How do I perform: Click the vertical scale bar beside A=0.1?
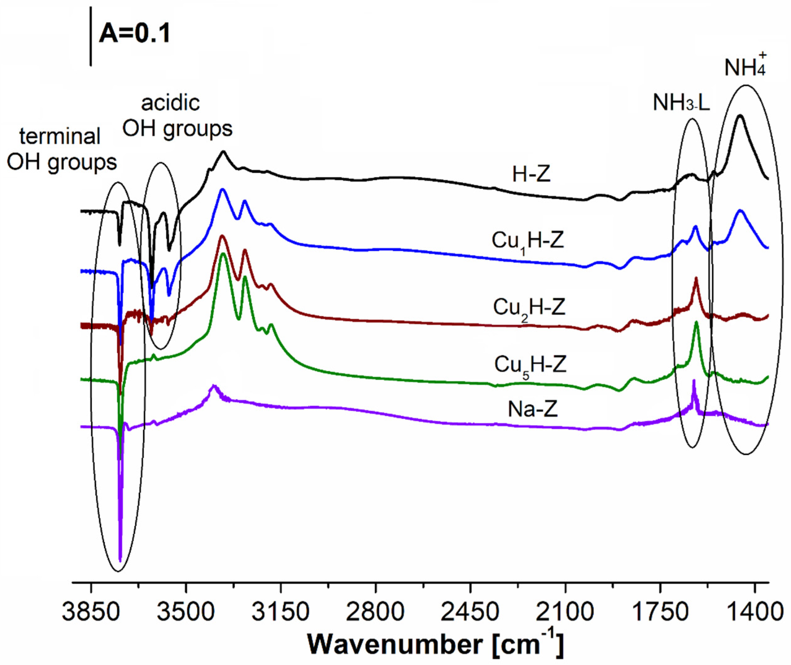pos(91,36)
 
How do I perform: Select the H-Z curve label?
pos(531,175)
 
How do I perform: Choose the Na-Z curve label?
pos(532,409)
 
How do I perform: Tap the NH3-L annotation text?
pos(681,103)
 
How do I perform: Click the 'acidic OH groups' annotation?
pos(177,116)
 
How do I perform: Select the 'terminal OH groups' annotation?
pos(61,150)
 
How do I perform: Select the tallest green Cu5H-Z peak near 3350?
pos(223,254)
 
